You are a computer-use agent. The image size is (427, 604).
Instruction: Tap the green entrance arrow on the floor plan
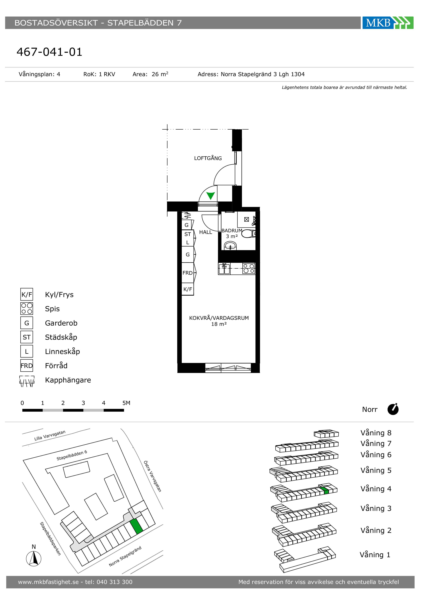[x=210, y=196]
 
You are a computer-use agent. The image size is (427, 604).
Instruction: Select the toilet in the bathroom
[x=248, y=233]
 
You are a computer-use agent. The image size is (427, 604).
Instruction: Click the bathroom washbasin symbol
[x=230, y=246]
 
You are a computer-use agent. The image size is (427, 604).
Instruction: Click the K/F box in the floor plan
[x=188, y=289]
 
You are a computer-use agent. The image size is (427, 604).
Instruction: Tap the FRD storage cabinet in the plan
[x=188, y=273]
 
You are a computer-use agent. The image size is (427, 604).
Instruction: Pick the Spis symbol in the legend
[x=27, y=309]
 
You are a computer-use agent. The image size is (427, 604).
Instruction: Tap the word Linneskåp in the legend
[x=62, y=352]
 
